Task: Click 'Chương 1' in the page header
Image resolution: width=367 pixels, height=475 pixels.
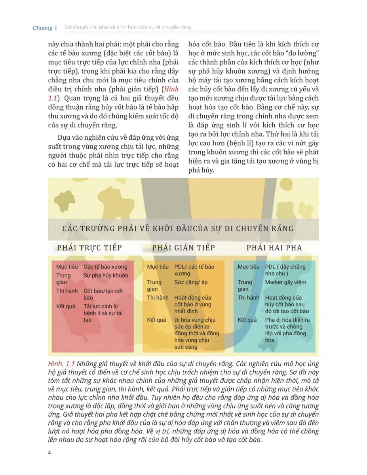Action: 45,28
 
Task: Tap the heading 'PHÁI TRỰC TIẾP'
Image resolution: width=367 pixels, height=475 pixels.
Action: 89,248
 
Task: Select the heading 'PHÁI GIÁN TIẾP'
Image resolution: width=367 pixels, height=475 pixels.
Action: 183,248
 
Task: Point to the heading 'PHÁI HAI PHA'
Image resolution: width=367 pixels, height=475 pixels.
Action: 274,248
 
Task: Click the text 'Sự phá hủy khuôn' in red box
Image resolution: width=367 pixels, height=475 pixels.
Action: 106,275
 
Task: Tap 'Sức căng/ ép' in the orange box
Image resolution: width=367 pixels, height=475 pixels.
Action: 191,282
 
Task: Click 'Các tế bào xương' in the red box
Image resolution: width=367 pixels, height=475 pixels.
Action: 105,267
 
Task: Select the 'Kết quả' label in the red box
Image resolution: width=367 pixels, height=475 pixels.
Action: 66,306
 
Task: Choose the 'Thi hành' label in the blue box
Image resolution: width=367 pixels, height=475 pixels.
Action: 248,298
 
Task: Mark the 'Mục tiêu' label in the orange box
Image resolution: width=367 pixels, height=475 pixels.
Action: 158,267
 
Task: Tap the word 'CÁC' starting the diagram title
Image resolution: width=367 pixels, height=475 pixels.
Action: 70,228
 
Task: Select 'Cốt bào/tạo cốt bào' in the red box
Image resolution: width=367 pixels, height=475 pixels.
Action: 103,294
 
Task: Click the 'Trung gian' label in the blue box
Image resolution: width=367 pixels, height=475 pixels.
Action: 245,285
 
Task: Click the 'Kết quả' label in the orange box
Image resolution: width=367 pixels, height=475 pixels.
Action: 156,320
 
